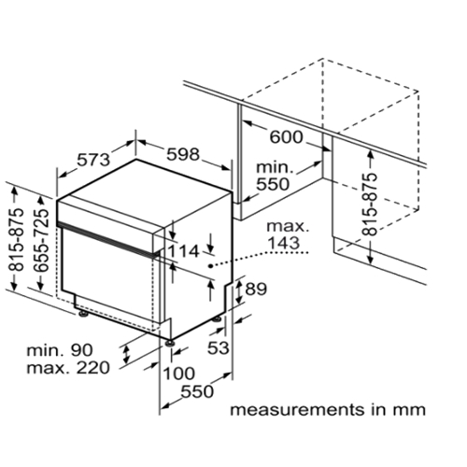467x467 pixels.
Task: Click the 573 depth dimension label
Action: (x=93, y=160)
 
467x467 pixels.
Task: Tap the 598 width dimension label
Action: (x=183, y=154)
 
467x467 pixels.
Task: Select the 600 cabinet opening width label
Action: (x=286, y=137)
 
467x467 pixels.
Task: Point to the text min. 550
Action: (x=274, y=177)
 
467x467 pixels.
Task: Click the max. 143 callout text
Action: (x=288, y=235)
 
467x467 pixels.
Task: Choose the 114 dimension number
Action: (x=183, y=251)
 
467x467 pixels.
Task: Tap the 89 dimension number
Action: (x=256, y=289)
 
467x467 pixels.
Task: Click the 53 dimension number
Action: (x=219, y=347)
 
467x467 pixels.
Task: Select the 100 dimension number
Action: (x=178, y=374)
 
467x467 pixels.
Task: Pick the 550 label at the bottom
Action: (x=197, y=391)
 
